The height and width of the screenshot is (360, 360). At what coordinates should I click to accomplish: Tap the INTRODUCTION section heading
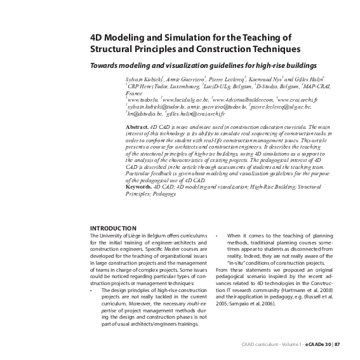coord(113,228)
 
